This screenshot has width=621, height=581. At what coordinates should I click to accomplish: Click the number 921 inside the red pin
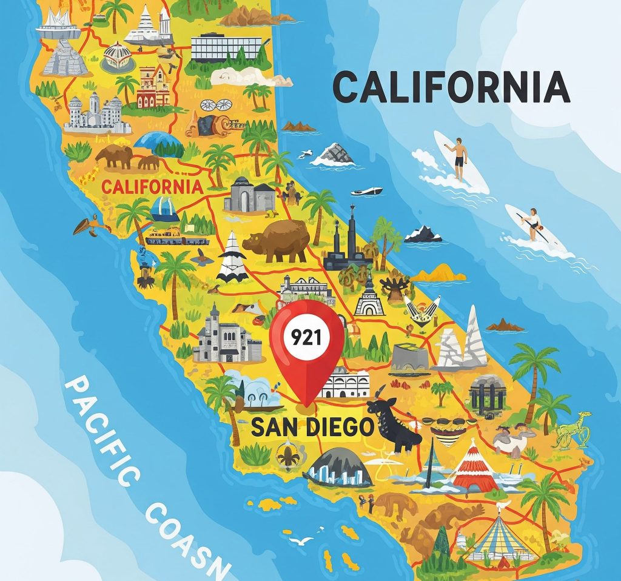pos(306,338)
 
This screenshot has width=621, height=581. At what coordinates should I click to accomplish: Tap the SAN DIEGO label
pos(312,427)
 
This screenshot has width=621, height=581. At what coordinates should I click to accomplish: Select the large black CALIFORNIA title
pos(452,87)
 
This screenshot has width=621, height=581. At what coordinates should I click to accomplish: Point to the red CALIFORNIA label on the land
pos(152,186)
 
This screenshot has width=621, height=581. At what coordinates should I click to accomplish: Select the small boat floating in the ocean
pos(366,191)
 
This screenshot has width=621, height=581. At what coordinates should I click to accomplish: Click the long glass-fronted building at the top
pos(226,47)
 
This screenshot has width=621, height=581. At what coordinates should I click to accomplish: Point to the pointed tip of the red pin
pos(306,405)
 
